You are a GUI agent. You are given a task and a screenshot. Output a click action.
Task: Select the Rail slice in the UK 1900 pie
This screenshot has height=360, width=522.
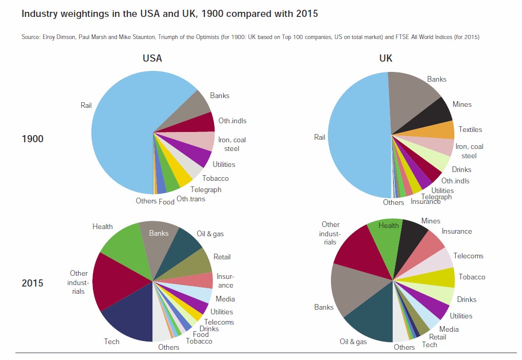click(x=359, y=136)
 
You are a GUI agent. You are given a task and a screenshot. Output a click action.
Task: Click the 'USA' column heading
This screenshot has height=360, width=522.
click(x=152, y=58)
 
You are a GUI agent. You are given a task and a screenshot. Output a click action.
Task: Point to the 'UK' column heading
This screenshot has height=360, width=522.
click(x=385, y=58)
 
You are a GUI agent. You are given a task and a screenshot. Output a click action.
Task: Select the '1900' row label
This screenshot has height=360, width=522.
click(x=32, y=138)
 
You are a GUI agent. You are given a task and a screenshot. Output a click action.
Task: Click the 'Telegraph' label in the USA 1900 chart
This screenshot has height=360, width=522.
click(x=206, y=190)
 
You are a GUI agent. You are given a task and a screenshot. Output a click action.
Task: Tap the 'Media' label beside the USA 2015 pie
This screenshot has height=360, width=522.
click(x=225, y=299)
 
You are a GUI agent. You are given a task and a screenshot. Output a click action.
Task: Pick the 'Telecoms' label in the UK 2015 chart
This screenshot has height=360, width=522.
click(x=468, y=256)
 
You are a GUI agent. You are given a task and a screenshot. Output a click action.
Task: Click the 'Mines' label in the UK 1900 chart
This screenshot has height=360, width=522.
click(x=462, y=104)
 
